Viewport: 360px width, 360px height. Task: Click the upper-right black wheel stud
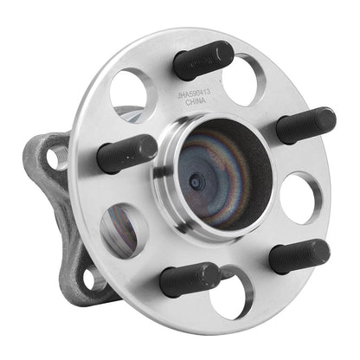pos(305,125)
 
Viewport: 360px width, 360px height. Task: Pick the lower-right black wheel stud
pos(298,257)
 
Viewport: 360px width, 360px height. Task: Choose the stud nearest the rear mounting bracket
pos(125,155)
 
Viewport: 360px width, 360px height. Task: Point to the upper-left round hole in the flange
pos(132,93)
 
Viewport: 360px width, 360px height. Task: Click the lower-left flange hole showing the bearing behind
pos(125,231)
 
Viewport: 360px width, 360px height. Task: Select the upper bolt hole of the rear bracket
pos(56,157)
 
